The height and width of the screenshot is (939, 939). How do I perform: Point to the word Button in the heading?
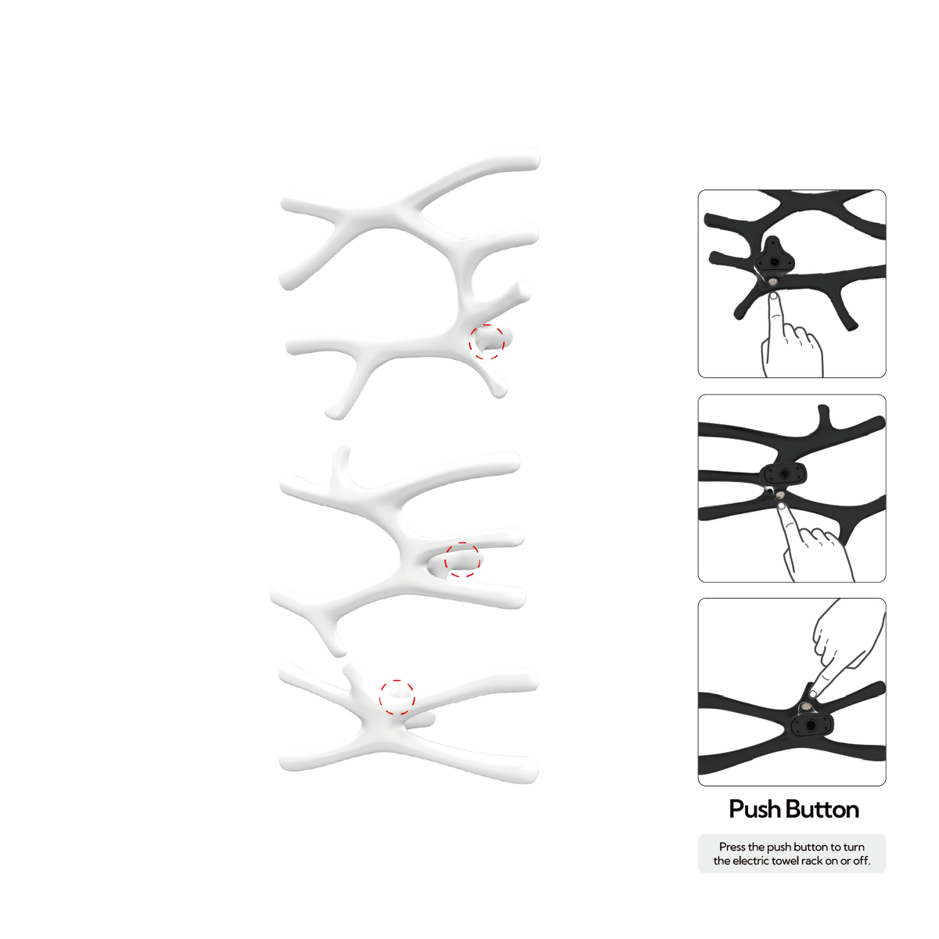[x=822, y=809]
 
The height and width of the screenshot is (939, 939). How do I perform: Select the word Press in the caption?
[x=732, y=847]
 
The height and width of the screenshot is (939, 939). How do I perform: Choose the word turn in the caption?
[x=854, y=847]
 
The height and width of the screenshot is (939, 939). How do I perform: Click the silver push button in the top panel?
[x=773, y=282]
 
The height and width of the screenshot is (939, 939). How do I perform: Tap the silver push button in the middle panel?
[x=780, y=495]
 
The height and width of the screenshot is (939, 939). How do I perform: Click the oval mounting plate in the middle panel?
[x=783, y=473]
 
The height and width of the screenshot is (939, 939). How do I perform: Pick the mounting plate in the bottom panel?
[x=811, y=726]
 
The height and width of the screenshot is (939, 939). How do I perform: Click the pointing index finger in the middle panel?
[x=789, y=527]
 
